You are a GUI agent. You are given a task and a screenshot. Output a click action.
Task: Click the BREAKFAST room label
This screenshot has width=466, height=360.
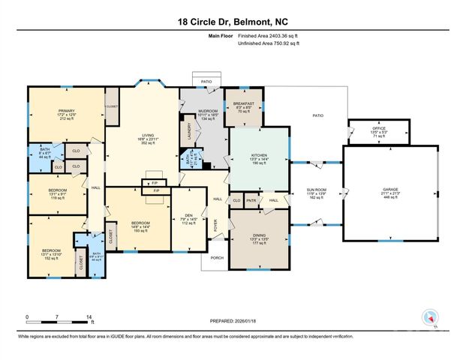pos(244,103)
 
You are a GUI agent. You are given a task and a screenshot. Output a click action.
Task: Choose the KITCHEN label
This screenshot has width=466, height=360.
pos(258,156)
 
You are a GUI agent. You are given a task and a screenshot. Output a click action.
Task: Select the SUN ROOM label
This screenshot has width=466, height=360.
pos(317,190)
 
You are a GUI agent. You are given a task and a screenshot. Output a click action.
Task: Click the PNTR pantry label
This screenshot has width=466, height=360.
pos(251,200)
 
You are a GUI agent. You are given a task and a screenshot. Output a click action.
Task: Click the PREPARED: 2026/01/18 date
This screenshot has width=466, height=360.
pos(233,320)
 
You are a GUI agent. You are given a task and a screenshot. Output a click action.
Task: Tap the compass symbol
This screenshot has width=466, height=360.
pos(430,317)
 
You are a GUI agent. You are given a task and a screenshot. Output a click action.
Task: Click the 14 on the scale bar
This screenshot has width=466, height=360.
pos(90,317)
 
